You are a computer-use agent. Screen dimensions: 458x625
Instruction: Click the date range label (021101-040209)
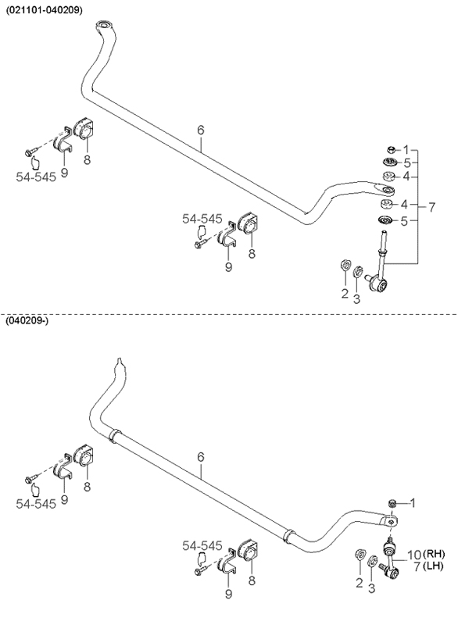pyautogui.click(x=44, y=11)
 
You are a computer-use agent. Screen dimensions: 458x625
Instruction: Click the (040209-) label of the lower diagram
pyautogui.click(x=27, y=320)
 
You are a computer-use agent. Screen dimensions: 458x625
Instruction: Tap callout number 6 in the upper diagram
pyautogui.click(x=201, y=130)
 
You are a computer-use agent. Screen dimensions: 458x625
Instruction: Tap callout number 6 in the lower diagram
pyautogui.click(x=201, y=457)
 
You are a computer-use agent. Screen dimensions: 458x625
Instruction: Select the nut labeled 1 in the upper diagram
pyautogui.click(x=392, y=149)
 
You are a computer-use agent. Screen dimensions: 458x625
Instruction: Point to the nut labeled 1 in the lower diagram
pyautogui.click(x=392, y=503)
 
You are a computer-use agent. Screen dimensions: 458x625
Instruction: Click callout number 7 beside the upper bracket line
pyautogui.click(x=431, y=207)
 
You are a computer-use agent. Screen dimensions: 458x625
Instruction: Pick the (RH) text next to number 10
pyautogui.click(x=434, y=554)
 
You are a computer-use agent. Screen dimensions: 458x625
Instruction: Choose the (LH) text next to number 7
pyautogui.click(x=433, y=566)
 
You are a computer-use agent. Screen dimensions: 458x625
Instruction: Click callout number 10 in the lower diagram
pyautogui.click(x=414, y=555)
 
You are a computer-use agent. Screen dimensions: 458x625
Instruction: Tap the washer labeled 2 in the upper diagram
pyautogui.click(x=345, y=265)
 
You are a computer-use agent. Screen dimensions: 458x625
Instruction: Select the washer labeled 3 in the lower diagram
pyautogui.click(x=371, y=561)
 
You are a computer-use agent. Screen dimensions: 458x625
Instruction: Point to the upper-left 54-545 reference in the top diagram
pyautogui.click(x=36, y=177)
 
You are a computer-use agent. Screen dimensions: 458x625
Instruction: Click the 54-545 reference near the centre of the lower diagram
pyautogui.click(x=202, y=545)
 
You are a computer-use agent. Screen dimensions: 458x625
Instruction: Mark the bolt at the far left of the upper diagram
pyautogui.click(x=30, y=152)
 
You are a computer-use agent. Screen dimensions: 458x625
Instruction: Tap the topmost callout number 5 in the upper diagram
pyautogui.click(x=406, y=162)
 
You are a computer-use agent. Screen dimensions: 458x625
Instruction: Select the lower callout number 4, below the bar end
pyautogui.click(x=404, y=205)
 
